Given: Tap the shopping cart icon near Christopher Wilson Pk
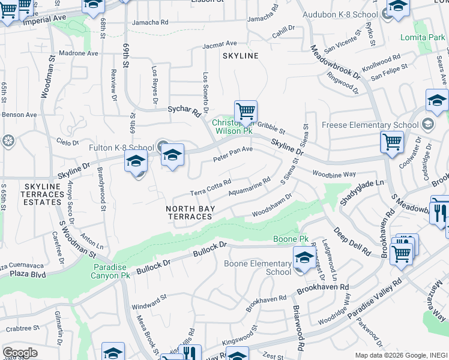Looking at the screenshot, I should (245, 111).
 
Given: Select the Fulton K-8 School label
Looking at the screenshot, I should (121, 148).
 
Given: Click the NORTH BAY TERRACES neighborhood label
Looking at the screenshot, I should (189, 212).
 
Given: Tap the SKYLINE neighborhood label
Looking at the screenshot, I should (240, 56).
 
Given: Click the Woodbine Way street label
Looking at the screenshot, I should (334, 173).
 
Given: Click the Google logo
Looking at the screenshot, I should (20, 352).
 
